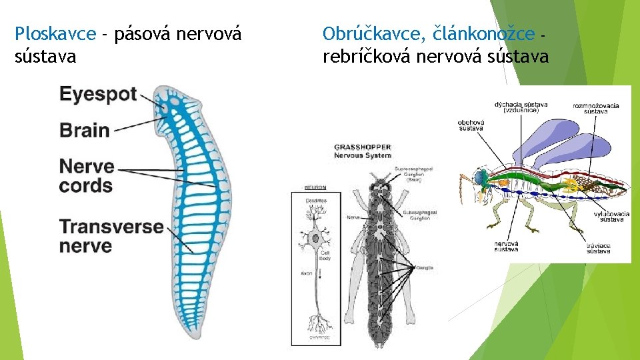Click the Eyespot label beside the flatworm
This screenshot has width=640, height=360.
pos(98,95)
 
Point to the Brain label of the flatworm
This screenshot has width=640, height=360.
pos(85,129)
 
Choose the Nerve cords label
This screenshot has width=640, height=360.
pos(87,175)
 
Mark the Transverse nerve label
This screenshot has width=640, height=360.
pos(111,236)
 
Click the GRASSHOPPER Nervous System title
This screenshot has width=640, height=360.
pos(363,151)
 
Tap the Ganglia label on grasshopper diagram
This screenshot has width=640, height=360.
pos(424,267)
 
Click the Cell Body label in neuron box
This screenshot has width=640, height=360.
pos(325,255)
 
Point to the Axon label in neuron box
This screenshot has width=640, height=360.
pos(306,273)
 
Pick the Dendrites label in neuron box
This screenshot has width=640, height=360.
pos(315,199)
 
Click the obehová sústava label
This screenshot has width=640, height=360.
pos(471,125)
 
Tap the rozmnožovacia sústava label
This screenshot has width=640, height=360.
pos(595,108)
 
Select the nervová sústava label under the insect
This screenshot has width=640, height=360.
pos(506,247)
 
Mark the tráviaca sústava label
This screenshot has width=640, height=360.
pos(598,248)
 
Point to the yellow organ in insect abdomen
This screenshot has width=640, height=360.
pos(571,183)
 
